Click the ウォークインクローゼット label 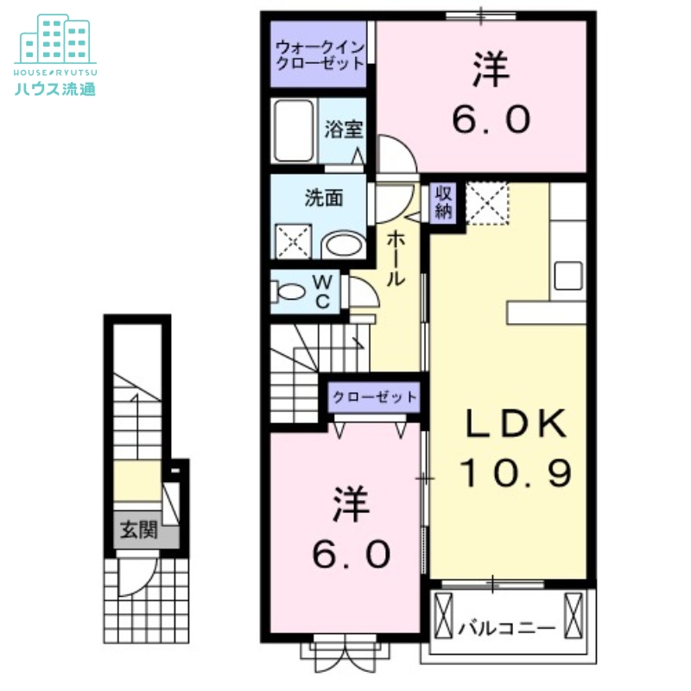click(x=320, y=55)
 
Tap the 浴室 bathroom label click(x=343, y=130)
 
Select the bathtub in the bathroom click(x=295, y=130)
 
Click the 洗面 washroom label click(x=324, y=198)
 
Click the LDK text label click(x=517, y=424)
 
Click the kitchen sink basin click(x=570, y=276)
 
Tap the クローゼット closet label click(x=374, y=397)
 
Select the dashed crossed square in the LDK click(x=487, y=203)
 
